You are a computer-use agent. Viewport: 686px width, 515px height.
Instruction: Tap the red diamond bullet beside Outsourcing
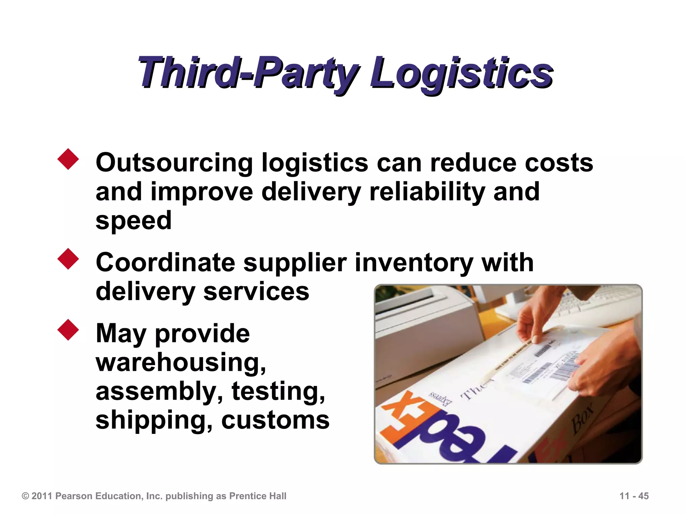(x=68, y=159)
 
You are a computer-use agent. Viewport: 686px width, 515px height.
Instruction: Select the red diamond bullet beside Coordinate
(x=68, y=259)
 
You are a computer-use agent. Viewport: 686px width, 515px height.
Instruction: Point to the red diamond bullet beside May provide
(x=68, y=330)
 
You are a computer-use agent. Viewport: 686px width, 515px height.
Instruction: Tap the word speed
(x=133, y=221)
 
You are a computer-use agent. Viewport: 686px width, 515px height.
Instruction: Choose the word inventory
(x=414, y=263)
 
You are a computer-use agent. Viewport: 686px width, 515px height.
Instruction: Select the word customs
(x=275, y=420)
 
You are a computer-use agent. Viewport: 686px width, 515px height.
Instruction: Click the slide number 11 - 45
(x=634, y=496)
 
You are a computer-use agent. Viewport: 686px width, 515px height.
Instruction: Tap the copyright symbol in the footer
(x=25, y=496)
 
